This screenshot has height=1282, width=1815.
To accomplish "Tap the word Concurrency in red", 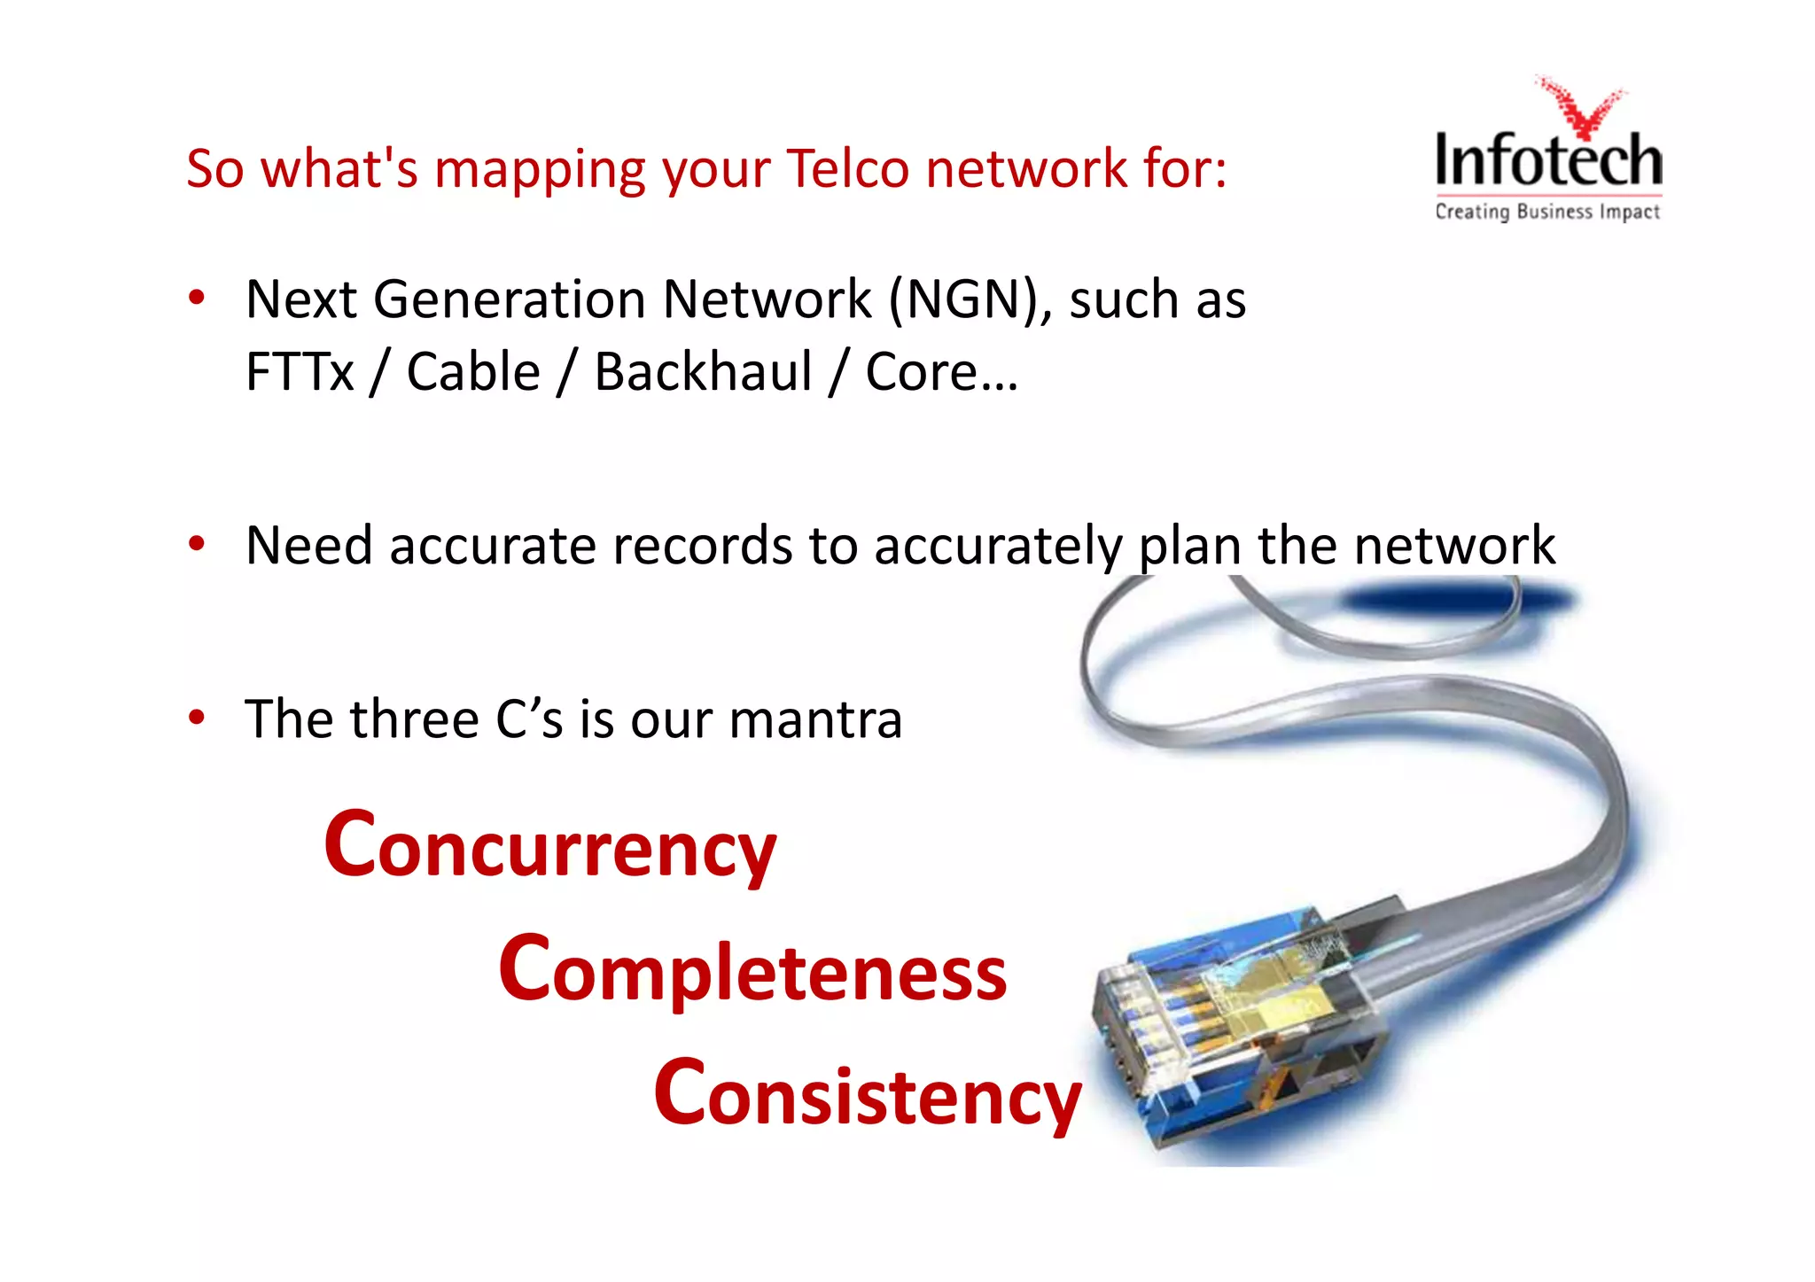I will point(550,847).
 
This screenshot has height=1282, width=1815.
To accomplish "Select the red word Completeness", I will point(752,971).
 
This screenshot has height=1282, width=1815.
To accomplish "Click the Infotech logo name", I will point(1548,161).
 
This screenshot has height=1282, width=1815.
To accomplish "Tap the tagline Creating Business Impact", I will point(1547,212).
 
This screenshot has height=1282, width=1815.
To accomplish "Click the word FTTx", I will point(299,371).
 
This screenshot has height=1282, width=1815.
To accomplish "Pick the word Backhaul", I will point(703,371).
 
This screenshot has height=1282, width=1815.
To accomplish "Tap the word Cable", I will point(473,371).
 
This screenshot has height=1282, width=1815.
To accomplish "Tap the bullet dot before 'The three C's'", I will point(197,717).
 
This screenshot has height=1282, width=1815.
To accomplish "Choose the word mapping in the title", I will point(540,169).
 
